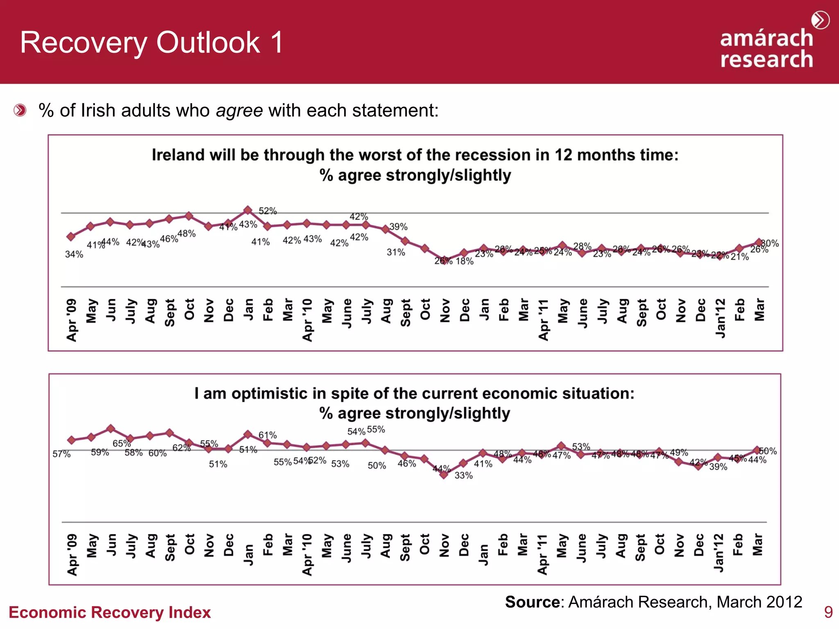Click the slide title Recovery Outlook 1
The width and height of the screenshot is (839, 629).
151,43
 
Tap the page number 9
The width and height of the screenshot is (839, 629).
828,612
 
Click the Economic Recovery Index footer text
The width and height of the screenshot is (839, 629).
110,613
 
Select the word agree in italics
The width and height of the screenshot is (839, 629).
239,111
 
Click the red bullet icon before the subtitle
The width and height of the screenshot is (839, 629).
20,110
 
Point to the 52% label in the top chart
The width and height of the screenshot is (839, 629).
268,211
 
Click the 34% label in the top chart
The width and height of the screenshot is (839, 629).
74,254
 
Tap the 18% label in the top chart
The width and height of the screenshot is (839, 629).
465,261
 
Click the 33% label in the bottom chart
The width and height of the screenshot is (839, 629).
463,475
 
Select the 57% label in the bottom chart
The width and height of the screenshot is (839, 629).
61,454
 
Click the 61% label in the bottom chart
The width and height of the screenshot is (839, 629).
268,435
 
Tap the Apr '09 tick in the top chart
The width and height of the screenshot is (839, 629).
72,320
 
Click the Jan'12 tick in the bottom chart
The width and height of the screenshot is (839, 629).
719,552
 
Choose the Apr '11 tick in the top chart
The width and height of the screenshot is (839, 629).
543,320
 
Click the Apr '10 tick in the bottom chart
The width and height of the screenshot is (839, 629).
307,554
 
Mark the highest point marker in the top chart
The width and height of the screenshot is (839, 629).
248,210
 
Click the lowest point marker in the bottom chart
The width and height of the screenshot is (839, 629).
444,475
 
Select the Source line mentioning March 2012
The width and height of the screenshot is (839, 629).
653,602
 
